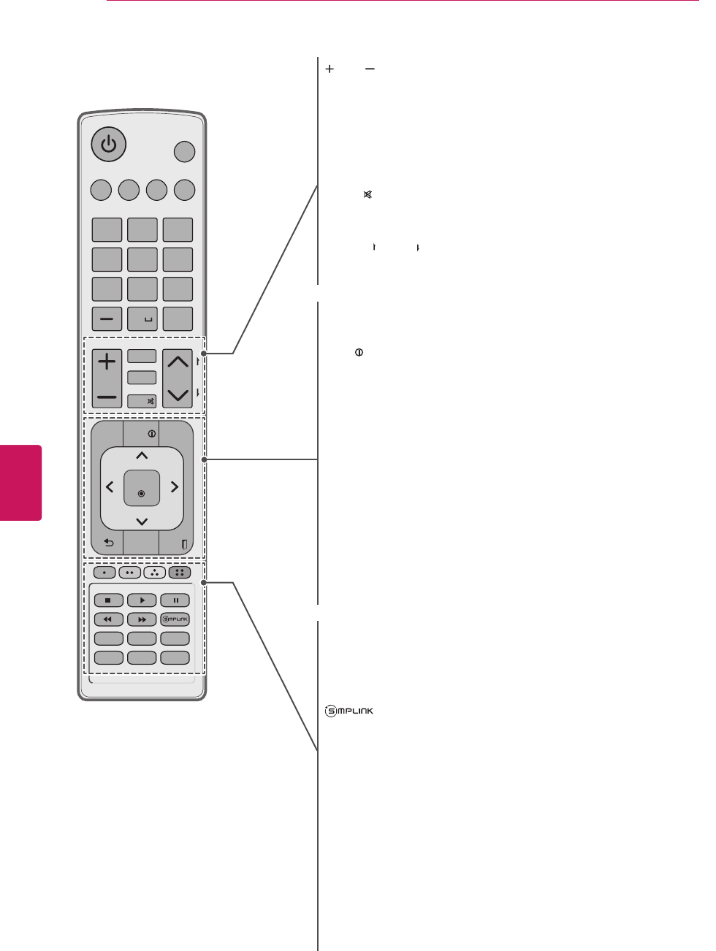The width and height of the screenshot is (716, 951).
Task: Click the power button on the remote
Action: tap(108, 144)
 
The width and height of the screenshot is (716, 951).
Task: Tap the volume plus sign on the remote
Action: tap(107, 362)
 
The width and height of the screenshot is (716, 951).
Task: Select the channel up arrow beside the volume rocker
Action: tap(178, 362)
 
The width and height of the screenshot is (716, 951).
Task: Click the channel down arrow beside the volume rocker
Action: tap(178, 395)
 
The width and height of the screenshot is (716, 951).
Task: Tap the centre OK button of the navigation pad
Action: tap(141, 489)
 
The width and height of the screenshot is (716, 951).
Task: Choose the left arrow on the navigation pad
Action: tap(110, 486)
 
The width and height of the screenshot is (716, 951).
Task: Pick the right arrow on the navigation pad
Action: tap(174, 486)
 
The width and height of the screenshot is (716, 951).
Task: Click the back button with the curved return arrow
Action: tap(109, 543)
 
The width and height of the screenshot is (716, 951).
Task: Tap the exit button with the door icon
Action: tap(183, 544)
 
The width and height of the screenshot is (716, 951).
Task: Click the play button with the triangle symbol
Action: tap(142, 600)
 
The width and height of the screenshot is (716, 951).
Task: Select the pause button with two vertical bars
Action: tap(175, 600)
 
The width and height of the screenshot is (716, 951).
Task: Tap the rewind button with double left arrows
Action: tap(108, 619)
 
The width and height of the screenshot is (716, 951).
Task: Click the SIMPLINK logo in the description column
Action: tap(349, 711)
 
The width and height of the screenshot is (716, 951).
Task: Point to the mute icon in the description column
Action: tap(368, 195)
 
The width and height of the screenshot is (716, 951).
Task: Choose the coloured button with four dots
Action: tap(180, 573)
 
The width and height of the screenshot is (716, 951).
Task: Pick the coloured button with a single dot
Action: tap(104, 573)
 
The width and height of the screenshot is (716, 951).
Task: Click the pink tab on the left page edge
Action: tap(20, 482)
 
